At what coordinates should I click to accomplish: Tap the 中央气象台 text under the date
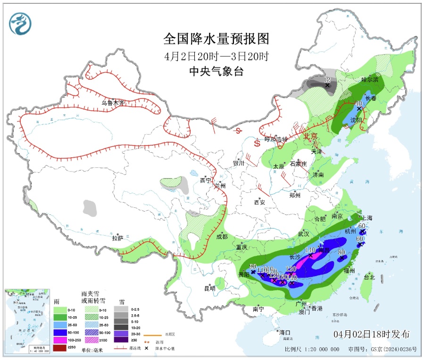click(x=216, y=72)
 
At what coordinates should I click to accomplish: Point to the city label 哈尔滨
click(x=370, y=80)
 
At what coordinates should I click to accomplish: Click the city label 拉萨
click(x=117, y=238)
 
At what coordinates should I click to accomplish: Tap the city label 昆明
click(x=209, y=287)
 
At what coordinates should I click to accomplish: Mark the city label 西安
click(x=260, y=203)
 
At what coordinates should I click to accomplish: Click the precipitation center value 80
click(x=342, y=252)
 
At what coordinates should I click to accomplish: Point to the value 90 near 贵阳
click(x=253, y=266)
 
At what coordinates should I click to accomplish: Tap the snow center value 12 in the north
click(x=327, y=80)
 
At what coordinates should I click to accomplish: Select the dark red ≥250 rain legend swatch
click(x=60, y=348)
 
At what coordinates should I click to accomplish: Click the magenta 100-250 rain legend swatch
click(x=60, y=339)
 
